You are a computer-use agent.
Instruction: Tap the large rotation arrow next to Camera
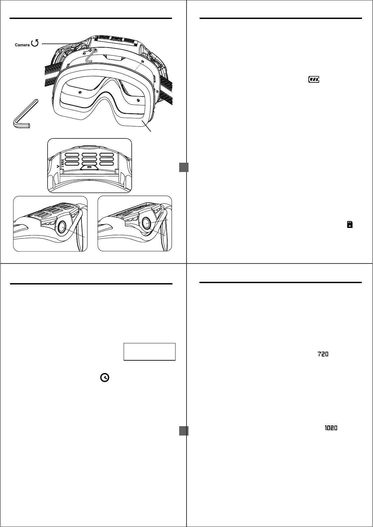tap(35, 43)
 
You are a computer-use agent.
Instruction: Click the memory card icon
tap(349, 225)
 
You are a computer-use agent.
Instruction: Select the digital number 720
tap(322, 355)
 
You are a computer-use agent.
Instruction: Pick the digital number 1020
tap(331, 429)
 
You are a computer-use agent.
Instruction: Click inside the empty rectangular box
tap(149, 352)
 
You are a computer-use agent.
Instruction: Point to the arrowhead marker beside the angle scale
tap(58, 165)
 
